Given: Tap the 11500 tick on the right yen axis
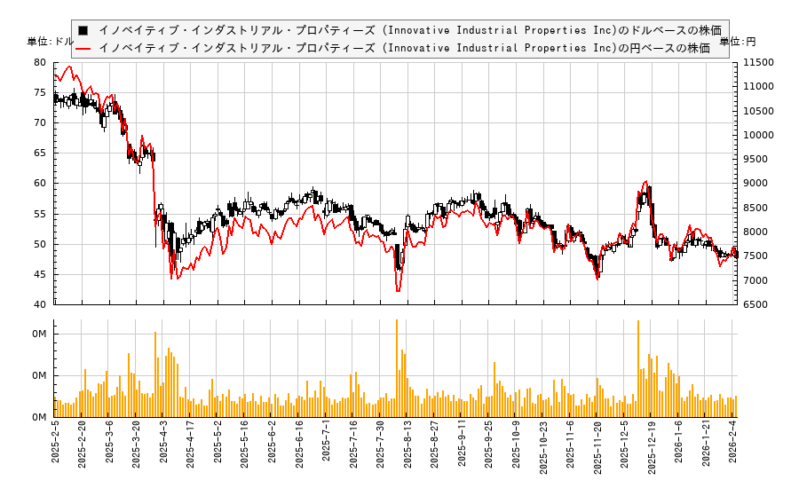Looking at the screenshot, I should (759, 63).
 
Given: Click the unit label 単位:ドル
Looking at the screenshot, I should (51, 42).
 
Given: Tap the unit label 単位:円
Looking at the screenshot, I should (738, 42).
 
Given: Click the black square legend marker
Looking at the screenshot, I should (83, 29).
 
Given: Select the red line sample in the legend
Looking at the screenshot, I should (83, 48).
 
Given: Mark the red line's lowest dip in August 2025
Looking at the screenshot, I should (398, 291).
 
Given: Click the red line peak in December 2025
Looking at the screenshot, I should (645, 181).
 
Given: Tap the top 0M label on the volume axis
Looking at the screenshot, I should (39, 335).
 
